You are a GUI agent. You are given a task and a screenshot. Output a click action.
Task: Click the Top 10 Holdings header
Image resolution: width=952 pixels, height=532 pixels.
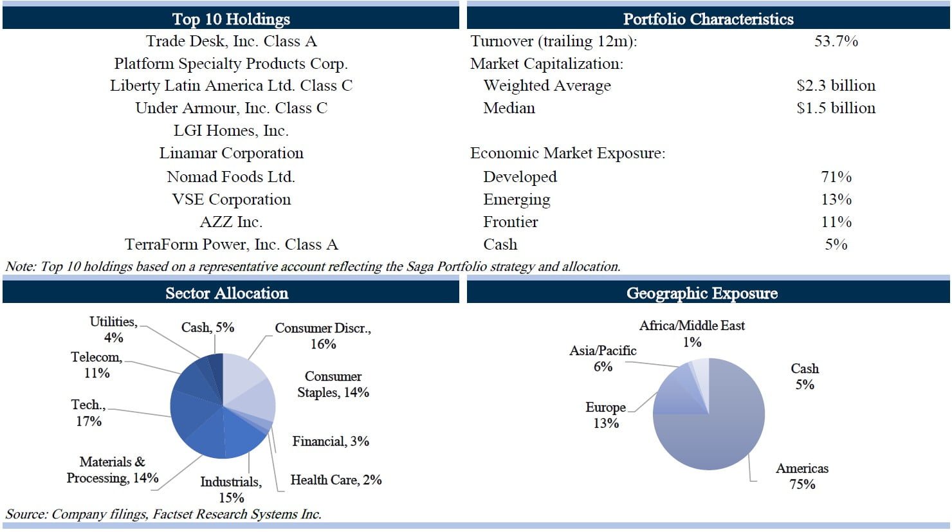[231, 19]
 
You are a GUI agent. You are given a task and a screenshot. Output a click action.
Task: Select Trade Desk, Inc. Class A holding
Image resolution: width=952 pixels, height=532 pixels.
[231, 41]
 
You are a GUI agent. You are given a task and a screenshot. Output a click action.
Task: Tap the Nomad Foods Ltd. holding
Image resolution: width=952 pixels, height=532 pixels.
[231, 176]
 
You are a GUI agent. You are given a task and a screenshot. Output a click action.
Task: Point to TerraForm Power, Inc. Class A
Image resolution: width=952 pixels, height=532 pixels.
[231, 244]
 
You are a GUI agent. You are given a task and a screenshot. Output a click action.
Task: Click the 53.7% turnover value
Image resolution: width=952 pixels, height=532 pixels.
[836, 41]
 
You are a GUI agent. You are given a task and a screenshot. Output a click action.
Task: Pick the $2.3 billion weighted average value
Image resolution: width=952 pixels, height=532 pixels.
[836, 86]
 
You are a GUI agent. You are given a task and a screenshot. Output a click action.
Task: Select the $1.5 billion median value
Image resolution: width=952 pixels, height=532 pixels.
[836, 108]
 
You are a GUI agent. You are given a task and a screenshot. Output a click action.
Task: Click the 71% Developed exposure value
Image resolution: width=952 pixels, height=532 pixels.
[836, 176]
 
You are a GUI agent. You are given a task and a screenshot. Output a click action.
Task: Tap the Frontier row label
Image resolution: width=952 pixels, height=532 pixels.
[510, 222]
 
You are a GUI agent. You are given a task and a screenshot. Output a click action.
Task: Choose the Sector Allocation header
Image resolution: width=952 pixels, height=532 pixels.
[227, 293]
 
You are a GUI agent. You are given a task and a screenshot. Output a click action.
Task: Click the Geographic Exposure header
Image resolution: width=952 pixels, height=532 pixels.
[702, 293]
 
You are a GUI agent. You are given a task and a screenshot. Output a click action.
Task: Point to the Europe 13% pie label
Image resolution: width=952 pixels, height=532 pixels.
[605, 415]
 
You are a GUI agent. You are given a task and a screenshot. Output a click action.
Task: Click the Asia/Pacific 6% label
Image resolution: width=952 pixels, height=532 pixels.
[603, 358]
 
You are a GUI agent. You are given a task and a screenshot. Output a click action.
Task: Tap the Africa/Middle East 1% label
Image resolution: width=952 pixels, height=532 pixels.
[691, 333]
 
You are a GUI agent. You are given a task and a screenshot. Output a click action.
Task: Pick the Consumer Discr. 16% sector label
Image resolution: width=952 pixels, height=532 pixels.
[323, 336]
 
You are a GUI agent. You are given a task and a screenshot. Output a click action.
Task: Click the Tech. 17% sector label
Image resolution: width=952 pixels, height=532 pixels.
[87, 412]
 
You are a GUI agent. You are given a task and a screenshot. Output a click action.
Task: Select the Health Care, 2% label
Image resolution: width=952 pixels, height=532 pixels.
[336, 480]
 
